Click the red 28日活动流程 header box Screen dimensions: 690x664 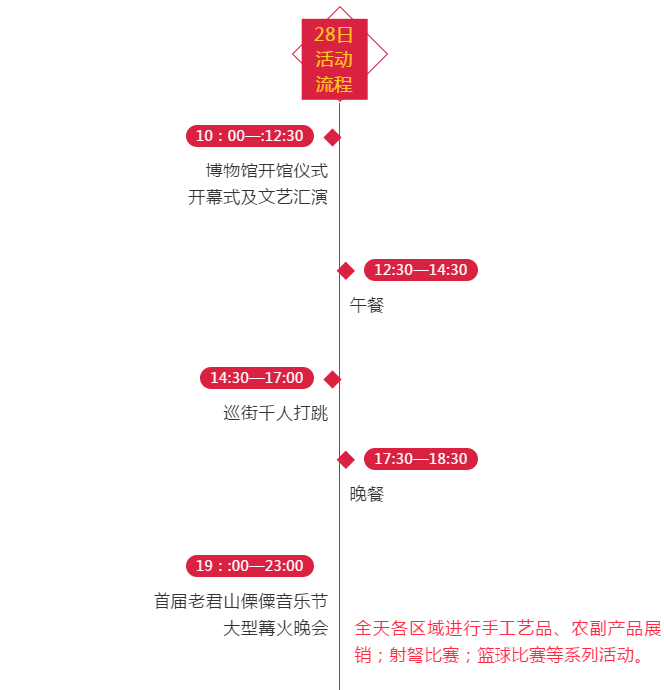pyautogui.click(x=335, y=60)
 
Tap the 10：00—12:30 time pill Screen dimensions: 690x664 pyautogui.click(x=250, y=136)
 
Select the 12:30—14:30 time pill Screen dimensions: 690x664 pyautogui.click(x=421, y=270)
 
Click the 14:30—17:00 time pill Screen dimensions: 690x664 pyautogui.click(x=257, y=378)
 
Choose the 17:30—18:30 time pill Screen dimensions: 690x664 pyautogui.click(x=421, y=459)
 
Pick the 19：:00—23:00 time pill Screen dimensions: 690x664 pyautogui.click(x=250, y=566)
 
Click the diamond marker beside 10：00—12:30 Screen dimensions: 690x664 pyautogui.click(x=333, y=137)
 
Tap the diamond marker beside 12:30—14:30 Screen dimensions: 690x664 pyautogui.click(x=346, y=270)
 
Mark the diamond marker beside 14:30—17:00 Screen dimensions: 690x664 pyautogui.click(x=333, y=379)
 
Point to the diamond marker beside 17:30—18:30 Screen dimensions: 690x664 pyautogui.click(x=346, y=459)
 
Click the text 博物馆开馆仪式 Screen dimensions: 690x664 pyautogui.click(x=267, y=172)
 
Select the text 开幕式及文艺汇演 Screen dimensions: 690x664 pyautogui.click(x=258, y=197)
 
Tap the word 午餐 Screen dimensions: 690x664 pyautogui.click(x=367, y=305)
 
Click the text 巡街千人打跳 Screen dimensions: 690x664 pyautogui.click(x=276, y=413)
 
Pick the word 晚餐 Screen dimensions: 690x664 pyautogui.click(x=367, y=494)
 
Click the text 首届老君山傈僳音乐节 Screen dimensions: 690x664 pyautogui.click(x=240, y=601)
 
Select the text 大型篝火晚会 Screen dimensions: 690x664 pyautogui.click(x=276, y=628)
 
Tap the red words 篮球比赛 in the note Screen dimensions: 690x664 pyautogui.click(x=510, y=655)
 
